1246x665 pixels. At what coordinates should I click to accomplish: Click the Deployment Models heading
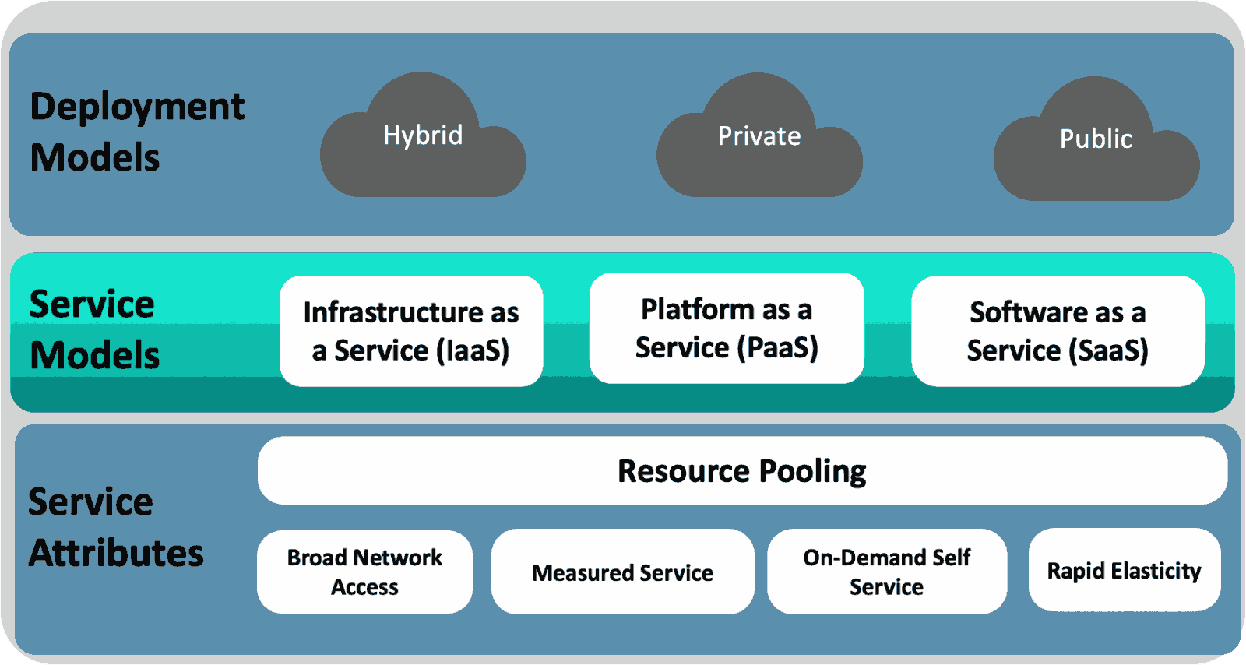[137, 132]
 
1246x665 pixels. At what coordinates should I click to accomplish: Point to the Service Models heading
[93, 329]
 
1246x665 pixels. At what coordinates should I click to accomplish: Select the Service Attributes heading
[115, 527]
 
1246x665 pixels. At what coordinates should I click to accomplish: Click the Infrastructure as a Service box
[411, 331]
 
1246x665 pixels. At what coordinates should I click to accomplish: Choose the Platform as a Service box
[727, 328]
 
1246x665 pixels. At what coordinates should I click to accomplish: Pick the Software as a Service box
[1058, 331]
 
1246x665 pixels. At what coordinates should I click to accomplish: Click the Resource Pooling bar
[742, 470]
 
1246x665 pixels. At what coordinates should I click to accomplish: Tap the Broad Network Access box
[364, 572]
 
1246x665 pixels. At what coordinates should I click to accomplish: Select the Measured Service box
[622, 572]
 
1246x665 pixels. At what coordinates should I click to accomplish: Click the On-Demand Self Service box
[886, 572]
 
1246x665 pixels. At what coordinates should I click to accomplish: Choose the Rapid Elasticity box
[1124, 571]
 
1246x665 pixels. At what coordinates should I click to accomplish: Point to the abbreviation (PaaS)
[778, 347]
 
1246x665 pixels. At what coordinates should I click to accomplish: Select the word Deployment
[137, 107]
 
